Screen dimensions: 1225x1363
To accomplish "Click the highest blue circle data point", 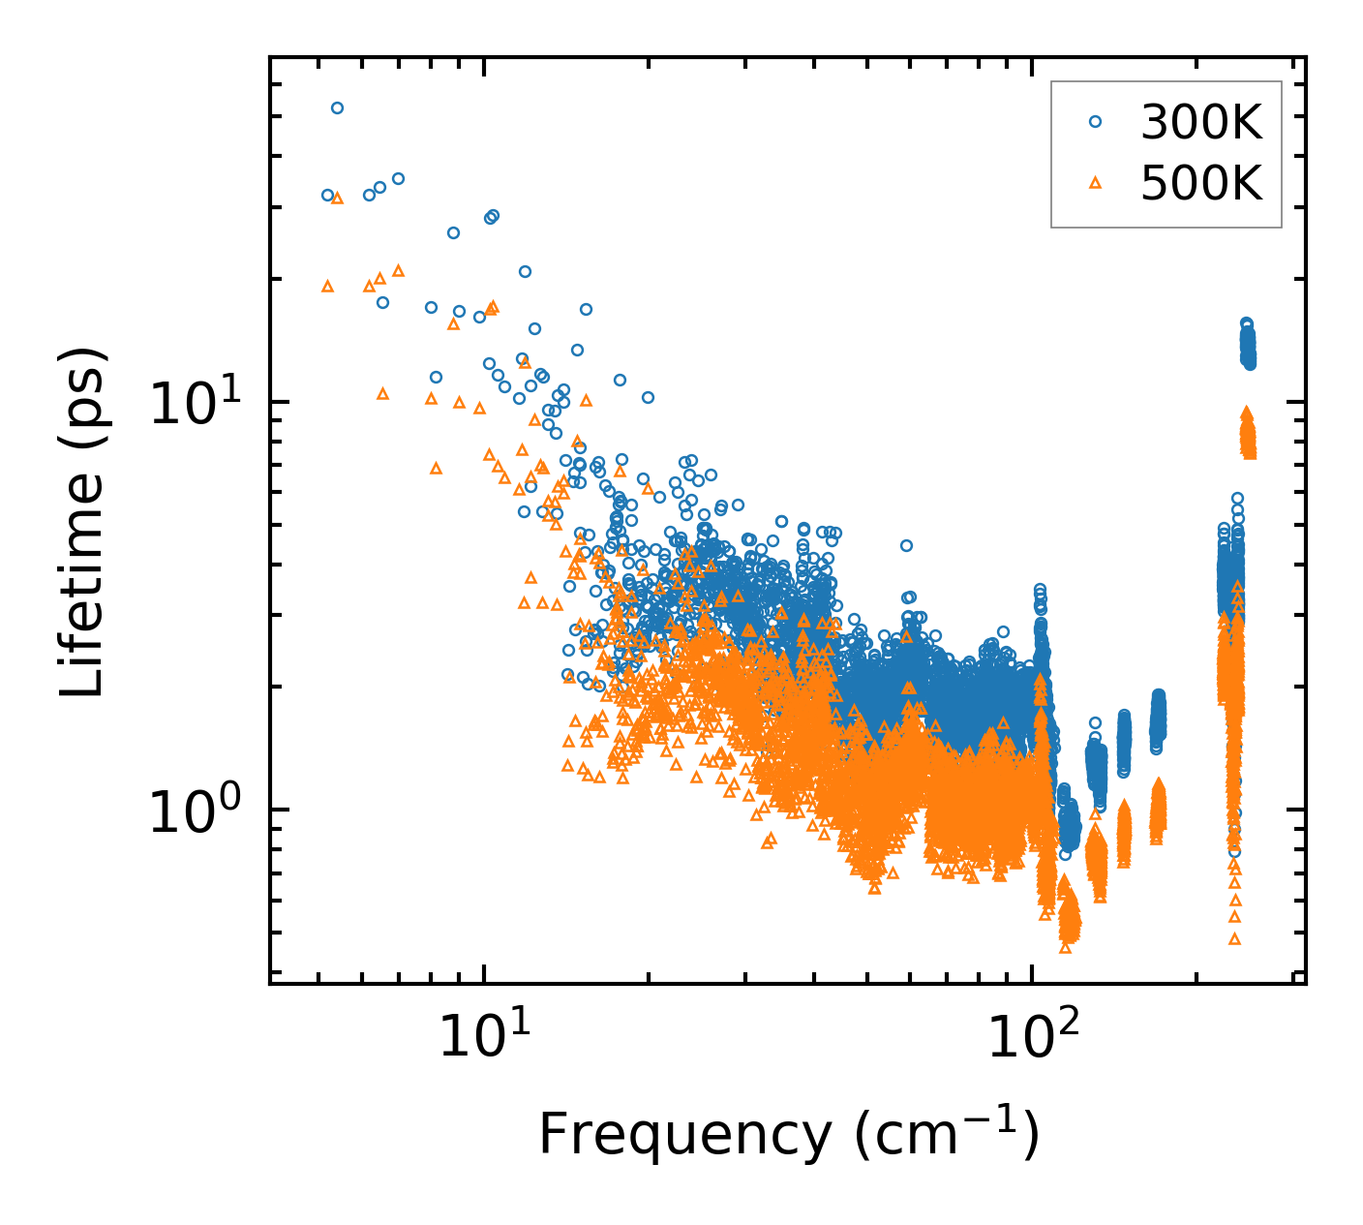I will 337,107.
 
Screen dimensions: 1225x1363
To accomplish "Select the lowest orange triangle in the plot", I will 1234,938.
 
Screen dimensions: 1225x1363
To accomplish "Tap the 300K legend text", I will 1201,122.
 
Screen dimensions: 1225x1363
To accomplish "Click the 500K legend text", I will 1201,182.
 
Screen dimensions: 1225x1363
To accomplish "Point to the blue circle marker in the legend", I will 1096,121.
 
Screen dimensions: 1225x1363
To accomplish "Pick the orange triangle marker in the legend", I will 1096,181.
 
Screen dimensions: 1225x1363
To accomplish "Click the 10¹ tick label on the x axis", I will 482,1038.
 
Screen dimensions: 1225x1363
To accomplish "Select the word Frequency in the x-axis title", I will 683,1135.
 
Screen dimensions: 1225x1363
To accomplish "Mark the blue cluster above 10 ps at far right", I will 1248,344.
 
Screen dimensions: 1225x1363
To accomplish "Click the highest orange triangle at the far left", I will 337,198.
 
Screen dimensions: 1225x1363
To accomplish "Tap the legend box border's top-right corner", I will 1282,81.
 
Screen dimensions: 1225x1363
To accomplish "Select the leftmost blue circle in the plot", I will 327,195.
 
